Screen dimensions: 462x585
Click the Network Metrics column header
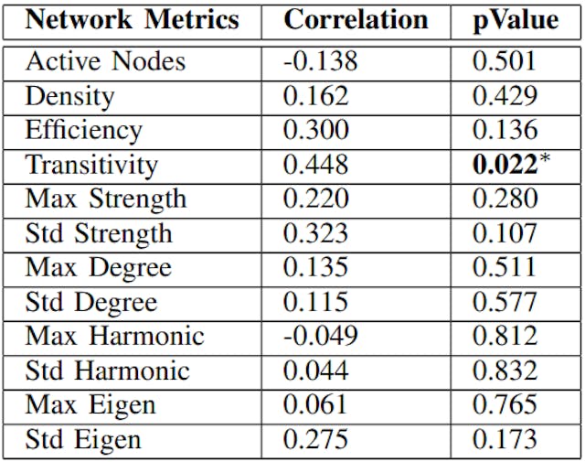coord(133,20)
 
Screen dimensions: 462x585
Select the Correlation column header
coord(356,20)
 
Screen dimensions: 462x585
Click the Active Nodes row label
coord(105,61)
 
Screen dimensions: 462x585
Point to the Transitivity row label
coord(91,165)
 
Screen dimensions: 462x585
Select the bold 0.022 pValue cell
coord(501,165)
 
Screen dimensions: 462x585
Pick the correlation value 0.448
coord(315,165)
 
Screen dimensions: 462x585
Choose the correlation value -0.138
coord(320,61)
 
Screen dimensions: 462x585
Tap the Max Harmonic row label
coord(114,337)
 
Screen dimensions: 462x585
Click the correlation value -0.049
coord(320,337)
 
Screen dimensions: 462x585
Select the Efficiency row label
coord(83,130)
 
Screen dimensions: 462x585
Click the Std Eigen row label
coord(83,439)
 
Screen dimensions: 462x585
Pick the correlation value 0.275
coord(315,439)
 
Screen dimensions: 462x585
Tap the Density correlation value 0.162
coord(315,95)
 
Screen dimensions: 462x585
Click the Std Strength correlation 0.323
coord(315,233)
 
